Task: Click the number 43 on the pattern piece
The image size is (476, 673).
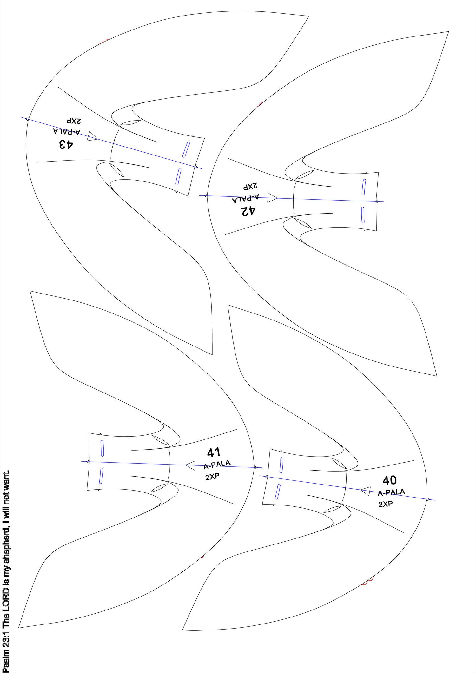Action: [66, 144]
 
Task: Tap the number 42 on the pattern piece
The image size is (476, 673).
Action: [248, 211]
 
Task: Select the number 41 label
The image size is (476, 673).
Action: [214, 452]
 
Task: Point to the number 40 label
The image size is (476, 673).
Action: [390, 480]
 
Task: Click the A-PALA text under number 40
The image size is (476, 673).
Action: [391, 492]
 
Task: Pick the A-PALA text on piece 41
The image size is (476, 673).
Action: [217, 465]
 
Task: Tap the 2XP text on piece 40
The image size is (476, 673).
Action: [386, 504]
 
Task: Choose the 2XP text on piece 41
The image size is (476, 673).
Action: [212, 477]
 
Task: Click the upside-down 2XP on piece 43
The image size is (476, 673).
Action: [74, 121]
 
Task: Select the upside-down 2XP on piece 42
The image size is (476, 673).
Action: [251, 186]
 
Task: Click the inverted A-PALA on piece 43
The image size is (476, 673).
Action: [67, 131]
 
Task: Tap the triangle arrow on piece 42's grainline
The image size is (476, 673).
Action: [272, 198]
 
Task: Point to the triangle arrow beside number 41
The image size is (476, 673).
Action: [190, 465]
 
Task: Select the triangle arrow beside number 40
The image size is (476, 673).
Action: [366, 491]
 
